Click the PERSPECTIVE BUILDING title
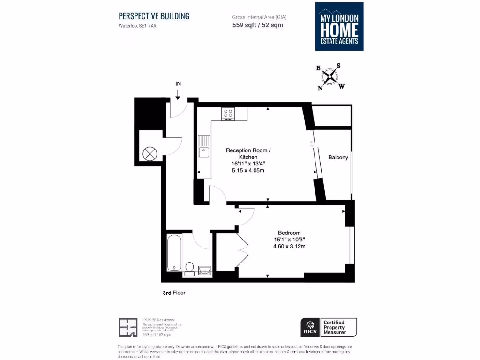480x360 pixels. pos(154,16)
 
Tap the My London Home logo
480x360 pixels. pos(339,26)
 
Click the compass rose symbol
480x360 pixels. pos(330,76)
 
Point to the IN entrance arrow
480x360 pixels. pos(178,94)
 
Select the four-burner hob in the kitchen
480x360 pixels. pos(228,113)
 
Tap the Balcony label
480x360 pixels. pos(338,157)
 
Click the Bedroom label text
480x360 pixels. pos(289,232)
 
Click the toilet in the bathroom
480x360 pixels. pos(190,268)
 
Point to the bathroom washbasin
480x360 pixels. pos(205,269)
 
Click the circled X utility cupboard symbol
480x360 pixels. pos(149,153)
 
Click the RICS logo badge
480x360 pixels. pos(310,327)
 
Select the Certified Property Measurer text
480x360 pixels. pos(339,327)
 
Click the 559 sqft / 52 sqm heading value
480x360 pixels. pos(257,25)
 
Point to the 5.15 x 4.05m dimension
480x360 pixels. pos(248,170)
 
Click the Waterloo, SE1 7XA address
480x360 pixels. pos(137,26)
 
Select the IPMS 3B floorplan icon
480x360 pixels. pos(128,327)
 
